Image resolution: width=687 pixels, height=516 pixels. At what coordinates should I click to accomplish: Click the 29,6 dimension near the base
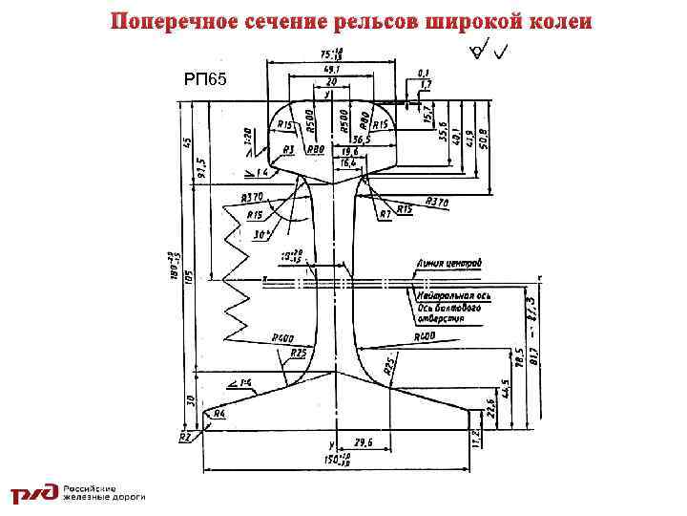click(363, 443)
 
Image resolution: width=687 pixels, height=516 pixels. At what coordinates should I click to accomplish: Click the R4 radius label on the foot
click(219, 414)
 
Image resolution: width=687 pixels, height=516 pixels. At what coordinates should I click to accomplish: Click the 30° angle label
click(257, 232)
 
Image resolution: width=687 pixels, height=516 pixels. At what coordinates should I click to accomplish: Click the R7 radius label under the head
click(385, 214)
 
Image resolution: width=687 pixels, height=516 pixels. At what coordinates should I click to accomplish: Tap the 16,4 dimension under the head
click(344, 163)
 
